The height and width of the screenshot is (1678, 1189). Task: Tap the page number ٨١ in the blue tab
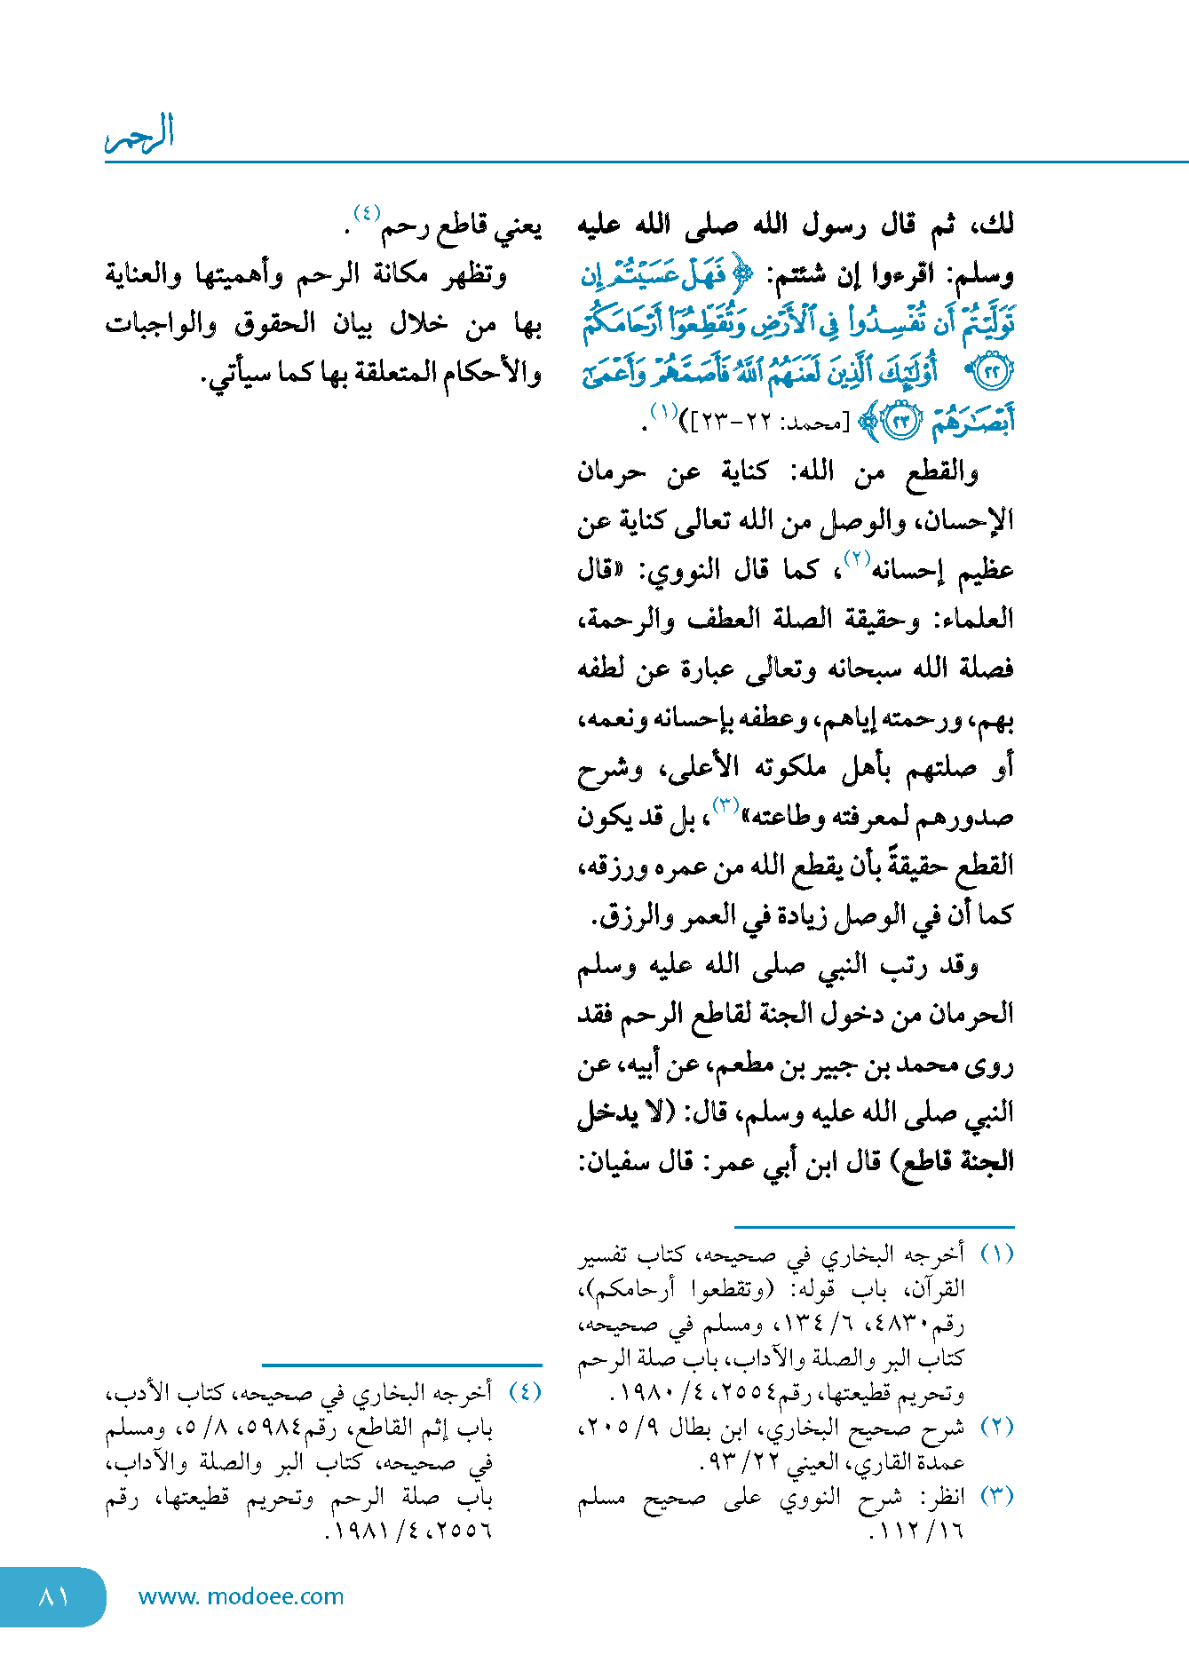point(53,1596)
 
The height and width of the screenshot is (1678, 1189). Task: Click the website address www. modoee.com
point(241,1596)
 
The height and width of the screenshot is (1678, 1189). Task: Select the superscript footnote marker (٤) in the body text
point(367,214)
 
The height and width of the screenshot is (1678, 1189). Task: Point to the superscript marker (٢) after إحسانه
point(856,558)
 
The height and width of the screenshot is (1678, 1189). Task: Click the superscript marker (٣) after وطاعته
point(725,805)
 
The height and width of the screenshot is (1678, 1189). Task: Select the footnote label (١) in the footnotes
point(996,1254)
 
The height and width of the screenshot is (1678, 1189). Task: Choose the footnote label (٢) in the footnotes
point(996,1427)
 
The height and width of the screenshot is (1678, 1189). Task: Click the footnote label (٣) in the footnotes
point(996,1496)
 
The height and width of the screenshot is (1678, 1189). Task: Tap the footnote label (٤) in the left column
point(524,1391)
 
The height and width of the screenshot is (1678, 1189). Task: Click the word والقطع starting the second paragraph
point(941,472)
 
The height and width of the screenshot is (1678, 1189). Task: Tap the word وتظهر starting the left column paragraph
point(475,275)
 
